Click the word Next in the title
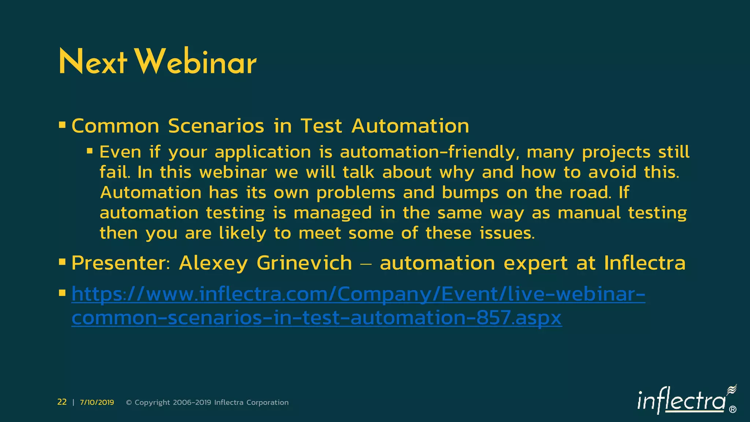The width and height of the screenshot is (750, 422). (93, 62)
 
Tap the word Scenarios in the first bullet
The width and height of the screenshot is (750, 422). (216, 126)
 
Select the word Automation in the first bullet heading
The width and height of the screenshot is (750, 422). (410, 126)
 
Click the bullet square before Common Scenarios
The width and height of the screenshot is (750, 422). (62, 125)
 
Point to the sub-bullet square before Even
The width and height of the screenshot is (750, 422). (90, 151)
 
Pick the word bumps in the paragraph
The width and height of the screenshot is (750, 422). (470, 193)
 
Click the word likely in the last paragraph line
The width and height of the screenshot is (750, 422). (242, 233)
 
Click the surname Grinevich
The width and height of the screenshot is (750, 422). (304, 263)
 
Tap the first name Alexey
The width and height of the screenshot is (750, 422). (213, 263)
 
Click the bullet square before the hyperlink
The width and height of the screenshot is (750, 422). (62, 293)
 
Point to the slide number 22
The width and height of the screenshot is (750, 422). (62, 402)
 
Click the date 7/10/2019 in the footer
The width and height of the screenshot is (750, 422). (97, 402)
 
